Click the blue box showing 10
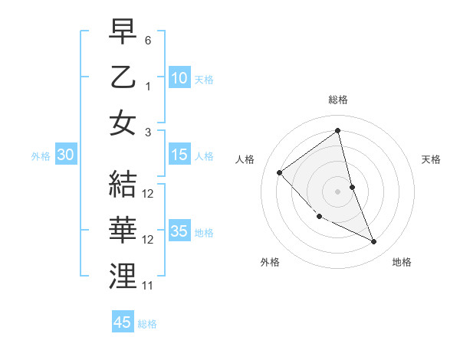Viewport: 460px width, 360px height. pos(179,78)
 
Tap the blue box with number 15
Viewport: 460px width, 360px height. pos(179,155)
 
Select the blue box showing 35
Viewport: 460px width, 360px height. pos(179,231)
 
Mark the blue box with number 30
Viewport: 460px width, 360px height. pos(65,155)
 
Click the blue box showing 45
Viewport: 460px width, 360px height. pos(123,322)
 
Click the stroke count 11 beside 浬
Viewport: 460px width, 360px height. pos(148,286)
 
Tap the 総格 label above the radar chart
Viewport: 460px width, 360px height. pos(338,100)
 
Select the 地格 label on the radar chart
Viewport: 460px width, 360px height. pos(402,262)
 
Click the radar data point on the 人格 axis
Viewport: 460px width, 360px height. pos(280,172)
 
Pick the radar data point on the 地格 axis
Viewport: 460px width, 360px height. pos(374,241)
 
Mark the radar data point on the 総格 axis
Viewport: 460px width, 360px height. pos(338,131)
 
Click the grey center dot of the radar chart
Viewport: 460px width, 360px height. pos(338,191)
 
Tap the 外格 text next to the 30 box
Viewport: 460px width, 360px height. pos(41,155)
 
